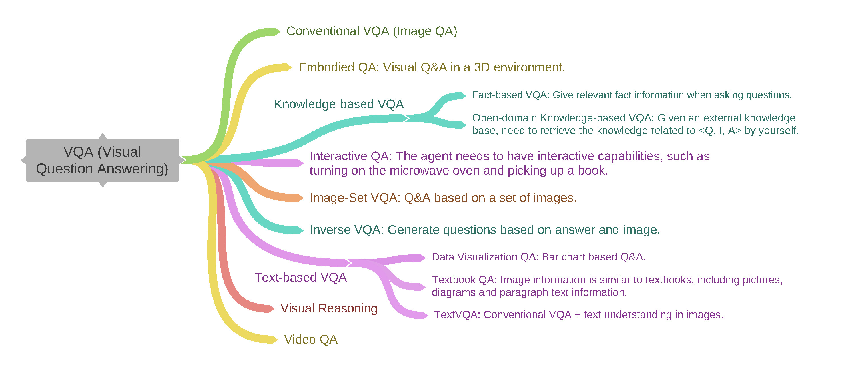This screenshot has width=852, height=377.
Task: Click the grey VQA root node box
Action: point(103,160)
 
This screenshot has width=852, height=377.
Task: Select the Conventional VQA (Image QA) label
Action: point(372,31)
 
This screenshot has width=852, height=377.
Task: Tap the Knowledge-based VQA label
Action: point(339,104)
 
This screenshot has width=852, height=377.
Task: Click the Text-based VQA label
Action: point(300,278)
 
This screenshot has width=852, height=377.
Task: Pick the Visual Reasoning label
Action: point(329,308)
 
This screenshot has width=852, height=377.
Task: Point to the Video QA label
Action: point(311,340)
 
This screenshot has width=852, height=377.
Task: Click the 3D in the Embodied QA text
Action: point(482,67)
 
